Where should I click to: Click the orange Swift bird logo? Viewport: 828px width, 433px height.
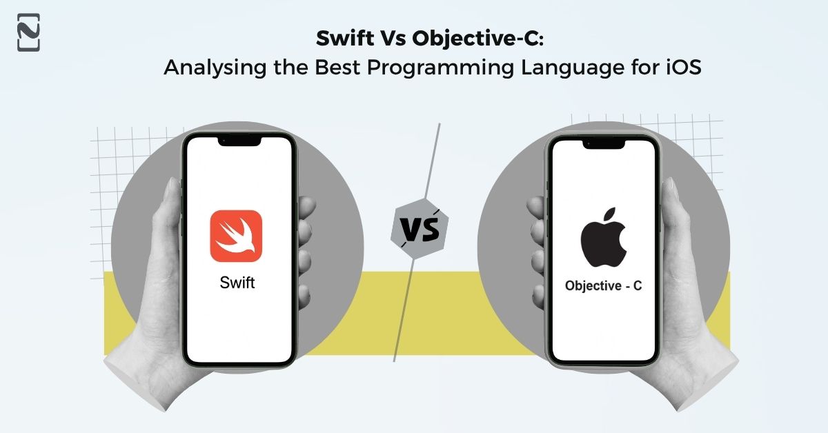click(236, 236)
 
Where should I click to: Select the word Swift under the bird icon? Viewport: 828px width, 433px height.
click(237, 282)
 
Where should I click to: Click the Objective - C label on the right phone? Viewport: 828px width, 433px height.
click(603, 285)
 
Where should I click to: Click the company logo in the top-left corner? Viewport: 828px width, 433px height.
click(28, 32)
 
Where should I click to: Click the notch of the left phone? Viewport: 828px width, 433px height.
click(240, 141)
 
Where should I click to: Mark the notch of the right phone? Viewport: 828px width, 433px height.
click(603, 143)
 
